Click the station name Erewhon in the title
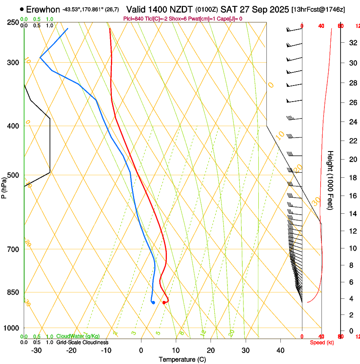pos(43,9)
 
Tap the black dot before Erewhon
pos(22,9)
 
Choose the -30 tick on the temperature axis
pos(36,350)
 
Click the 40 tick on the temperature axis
pos(280,350)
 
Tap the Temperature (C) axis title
pos(182,359)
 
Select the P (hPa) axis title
pos(4,186)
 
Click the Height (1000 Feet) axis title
pos(331,180)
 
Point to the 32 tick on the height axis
pos(352,43)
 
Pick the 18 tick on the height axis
pos(352,178)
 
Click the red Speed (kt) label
pos(322,342)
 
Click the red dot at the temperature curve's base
pos(164,302)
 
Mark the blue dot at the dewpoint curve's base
pos(153,302)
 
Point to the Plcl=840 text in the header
pos(133,19)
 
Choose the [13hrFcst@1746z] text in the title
pos(318,9)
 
